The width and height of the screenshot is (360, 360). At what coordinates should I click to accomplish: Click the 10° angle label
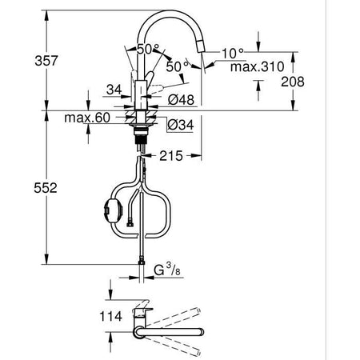(x=232, y=52)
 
